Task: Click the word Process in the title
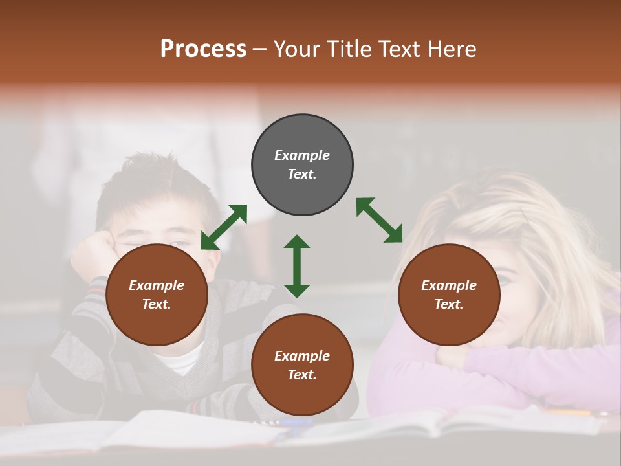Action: click(203, 49)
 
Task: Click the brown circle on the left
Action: click(157, 294)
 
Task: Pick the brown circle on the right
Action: click(449, 294)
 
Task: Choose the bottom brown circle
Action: click(302, 365)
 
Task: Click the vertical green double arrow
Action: click(297, 266)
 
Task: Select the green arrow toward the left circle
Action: click(224, 227)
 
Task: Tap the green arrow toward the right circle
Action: click(379, 220)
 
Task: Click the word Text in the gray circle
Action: click(301, 174)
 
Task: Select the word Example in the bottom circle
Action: click(302, 356)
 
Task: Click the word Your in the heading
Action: click(298, 49)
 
